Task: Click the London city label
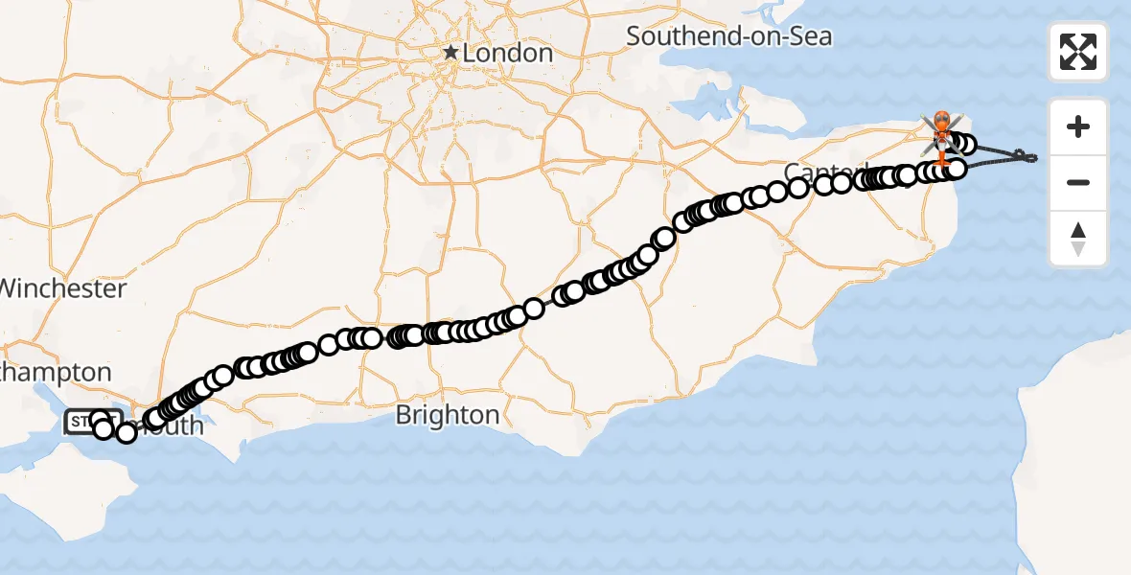[x=507, y=54]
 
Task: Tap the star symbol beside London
[x=450, y=53]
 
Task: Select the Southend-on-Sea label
[x=728, y=37]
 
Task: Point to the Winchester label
[x=63, y=288]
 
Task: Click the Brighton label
[x=447, y=415]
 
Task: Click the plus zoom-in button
[x=1078, y=126]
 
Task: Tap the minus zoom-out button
[x=1078, y=182]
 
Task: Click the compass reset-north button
[x=1078, y=239]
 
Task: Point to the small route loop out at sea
[x=1025, y=155]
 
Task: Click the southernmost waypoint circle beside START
[x=127, y=434]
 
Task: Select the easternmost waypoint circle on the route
[x=967, y=146]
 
